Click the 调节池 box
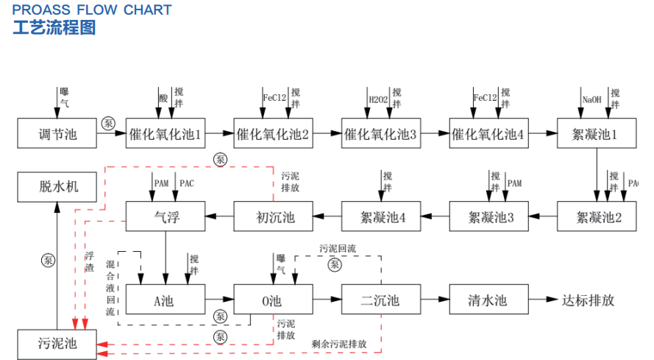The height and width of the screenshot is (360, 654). coord(57,133)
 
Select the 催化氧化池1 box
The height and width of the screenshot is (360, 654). coord(165,133)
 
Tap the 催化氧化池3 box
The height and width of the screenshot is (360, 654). coord(380,133)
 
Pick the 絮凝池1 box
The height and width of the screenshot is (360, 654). coord(594,133)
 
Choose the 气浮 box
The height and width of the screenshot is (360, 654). coord(165,216)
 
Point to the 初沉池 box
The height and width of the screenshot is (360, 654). coord(272,216)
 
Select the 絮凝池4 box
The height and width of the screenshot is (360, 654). coord(380,216)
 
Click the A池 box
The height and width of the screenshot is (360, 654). coord(165,300)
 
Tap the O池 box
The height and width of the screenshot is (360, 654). coord(272,300)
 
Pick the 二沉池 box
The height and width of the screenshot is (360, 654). coord(380,300)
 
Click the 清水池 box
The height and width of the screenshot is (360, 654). coord(488,300)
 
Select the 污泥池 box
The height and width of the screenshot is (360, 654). coord(57,344)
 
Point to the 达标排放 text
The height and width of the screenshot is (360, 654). coord(588,300)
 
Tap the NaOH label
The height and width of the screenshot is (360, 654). coord(592,99)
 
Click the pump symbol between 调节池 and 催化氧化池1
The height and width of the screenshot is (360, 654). coord(109,123)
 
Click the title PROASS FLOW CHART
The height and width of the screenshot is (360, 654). coord(91,10)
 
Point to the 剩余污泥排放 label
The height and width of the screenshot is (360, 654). coord(339,343)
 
